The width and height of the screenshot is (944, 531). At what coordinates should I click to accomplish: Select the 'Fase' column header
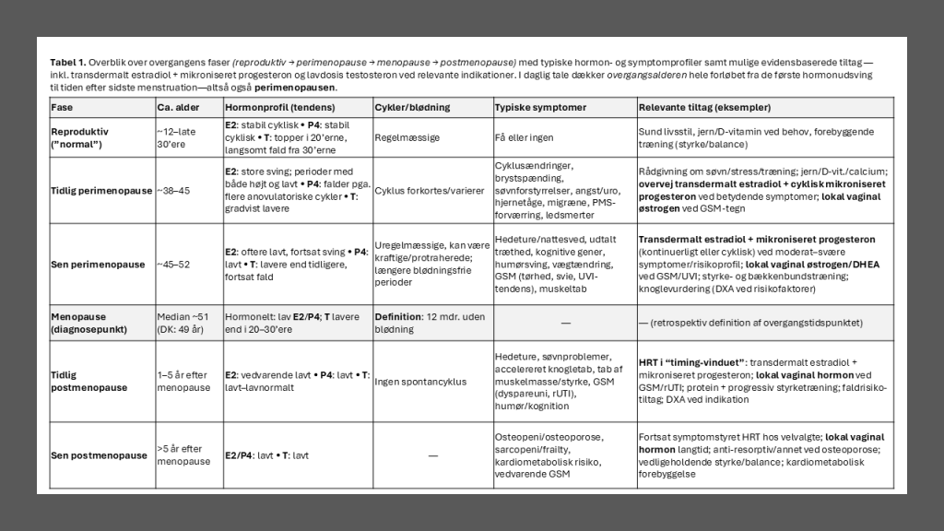pos(62,108)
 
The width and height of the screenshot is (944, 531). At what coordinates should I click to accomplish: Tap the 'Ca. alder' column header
pos(178,108)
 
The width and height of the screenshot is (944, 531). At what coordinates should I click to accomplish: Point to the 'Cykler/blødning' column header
pos(412,108)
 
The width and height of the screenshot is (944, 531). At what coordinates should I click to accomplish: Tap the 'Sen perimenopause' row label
pos(97,265)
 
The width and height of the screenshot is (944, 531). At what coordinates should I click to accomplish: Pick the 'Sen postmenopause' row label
pos(99,455)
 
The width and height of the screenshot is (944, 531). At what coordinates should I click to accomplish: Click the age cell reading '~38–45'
pos(174,190)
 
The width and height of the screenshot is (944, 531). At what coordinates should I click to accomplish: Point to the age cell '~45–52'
pos(174,265)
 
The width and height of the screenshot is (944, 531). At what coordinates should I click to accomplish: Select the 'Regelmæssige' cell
pos(407,137)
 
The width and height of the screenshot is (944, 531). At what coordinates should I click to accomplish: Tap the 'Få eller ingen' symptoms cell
pos(525,137)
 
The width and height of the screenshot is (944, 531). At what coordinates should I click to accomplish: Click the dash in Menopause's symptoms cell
pos(565,323)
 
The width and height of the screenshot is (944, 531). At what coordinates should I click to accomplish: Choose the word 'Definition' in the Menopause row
pos(397,316)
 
